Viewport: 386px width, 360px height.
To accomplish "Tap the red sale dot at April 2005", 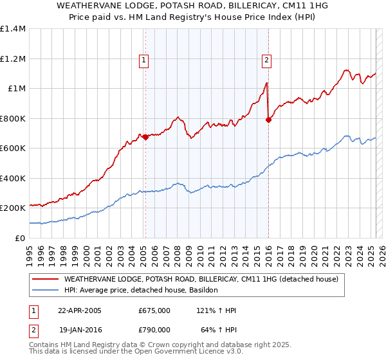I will point(145,137).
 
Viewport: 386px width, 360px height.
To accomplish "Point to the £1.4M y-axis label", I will point(13,29).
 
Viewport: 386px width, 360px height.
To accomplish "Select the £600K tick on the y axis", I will point(13,148).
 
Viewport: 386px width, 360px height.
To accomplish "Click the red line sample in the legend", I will point(45,280).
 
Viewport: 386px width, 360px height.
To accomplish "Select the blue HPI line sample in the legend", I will point(45,291).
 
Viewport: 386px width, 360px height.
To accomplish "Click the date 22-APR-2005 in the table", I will point(80,310).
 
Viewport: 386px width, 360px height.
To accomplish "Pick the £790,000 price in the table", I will point(154,329).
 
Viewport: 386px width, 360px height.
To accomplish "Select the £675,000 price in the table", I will point(154,310).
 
